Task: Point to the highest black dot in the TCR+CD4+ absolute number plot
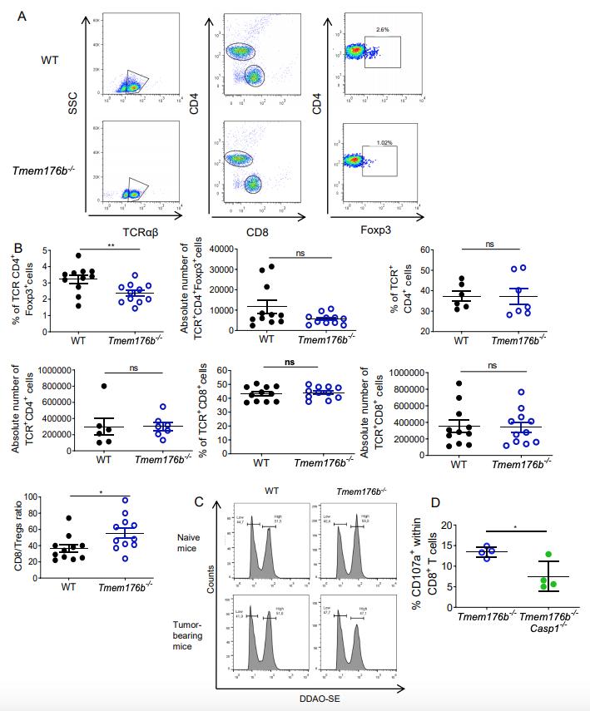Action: point(105,386)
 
